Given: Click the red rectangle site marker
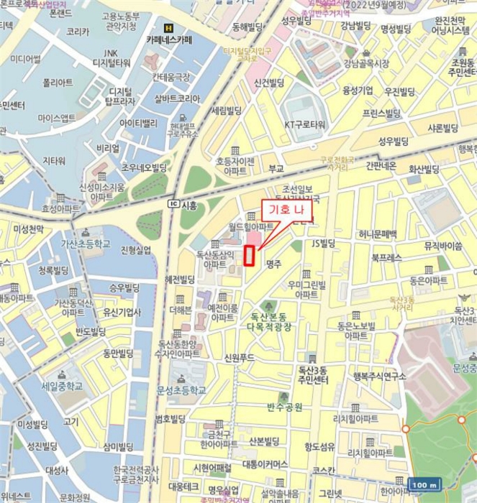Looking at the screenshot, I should pyautogui.click(x=249, y=255).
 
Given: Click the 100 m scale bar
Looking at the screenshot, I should pyautogui.click(x=424, y=485).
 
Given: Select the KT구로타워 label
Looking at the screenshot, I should pyautogui.click(x=306, y=124).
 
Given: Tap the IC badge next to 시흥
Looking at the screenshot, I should pyautogui.click(x=173, y=204).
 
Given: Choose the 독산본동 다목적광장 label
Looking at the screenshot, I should pyautogui.click(x=279, y=321).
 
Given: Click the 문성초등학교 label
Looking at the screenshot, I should pyautogui.click(x=181, y=390).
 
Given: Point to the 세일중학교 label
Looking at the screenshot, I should pyautogui.click(x=61, y=385).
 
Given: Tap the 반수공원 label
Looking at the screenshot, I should pyautogui.click(x=284, y=407).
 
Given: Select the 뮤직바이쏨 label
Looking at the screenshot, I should pyautogui.click(x=442, y=246).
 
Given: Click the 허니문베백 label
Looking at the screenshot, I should pyautogui.click(x=378, y=234).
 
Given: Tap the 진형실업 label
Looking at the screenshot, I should pyautogui.click(x=136, y=249).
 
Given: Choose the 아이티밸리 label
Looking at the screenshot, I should pyautogui.click(x=138, y=123).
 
